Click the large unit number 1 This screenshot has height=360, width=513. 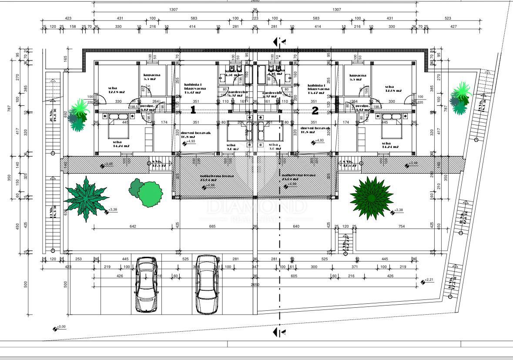point(193,110)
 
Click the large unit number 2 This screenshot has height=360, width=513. point(315,111)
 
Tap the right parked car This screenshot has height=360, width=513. point(207,284)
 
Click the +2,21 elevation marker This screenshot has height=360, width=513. point(423,282)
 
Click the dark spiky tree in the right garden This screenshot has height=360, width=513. point(371,198)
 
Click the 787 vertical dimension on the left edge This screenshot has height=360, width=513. point(9,108)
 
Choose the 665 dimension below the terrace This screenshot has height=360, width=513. point(212,226)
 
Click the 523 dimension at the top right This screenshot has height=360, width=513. point(448,18)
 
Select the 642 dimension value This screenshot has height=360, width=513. point(133,226)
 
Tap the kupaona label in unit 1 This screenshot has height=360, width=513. point(152,75)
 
